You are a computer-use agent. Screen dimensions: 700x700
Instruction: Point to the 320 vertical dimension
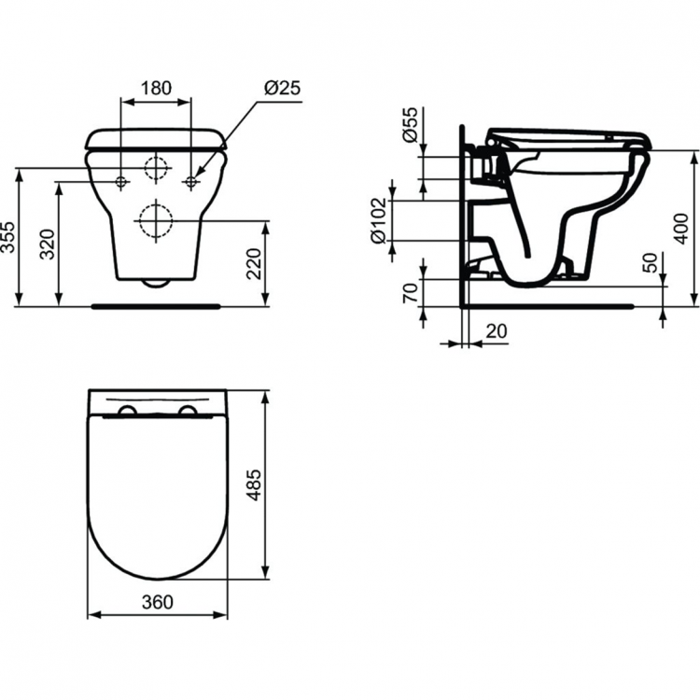click(x=49, y=244)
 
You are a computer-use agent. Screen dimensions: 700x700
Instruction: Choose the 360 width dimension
click(x=157, y=602)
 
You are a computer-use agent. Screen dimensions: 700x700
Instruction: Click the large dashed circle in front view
click(x=156, y=221)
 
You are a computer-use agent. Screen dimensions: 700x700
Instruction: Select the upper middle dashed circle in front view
click(x=156, y=170)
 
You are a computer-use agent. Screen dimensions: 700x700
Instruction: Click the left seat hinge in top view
click(x=128, y=413)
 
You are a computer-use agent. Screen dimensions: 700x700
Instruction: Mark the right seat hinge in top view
click(x=187, y=413)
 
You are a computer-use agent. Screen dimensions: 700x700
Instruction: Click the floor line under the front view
click(x=156, y=304)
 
